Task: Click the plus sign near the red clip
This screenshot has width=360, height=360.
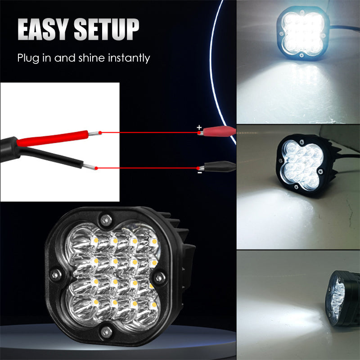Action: point(199,128)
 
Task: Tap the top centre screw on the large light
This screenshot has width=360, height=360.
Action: point(106,220)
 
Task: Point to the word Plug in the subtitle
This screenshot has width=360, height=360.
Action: point(27,58)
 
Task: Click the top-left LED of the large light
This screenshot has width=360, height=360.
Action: point(95,242)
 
